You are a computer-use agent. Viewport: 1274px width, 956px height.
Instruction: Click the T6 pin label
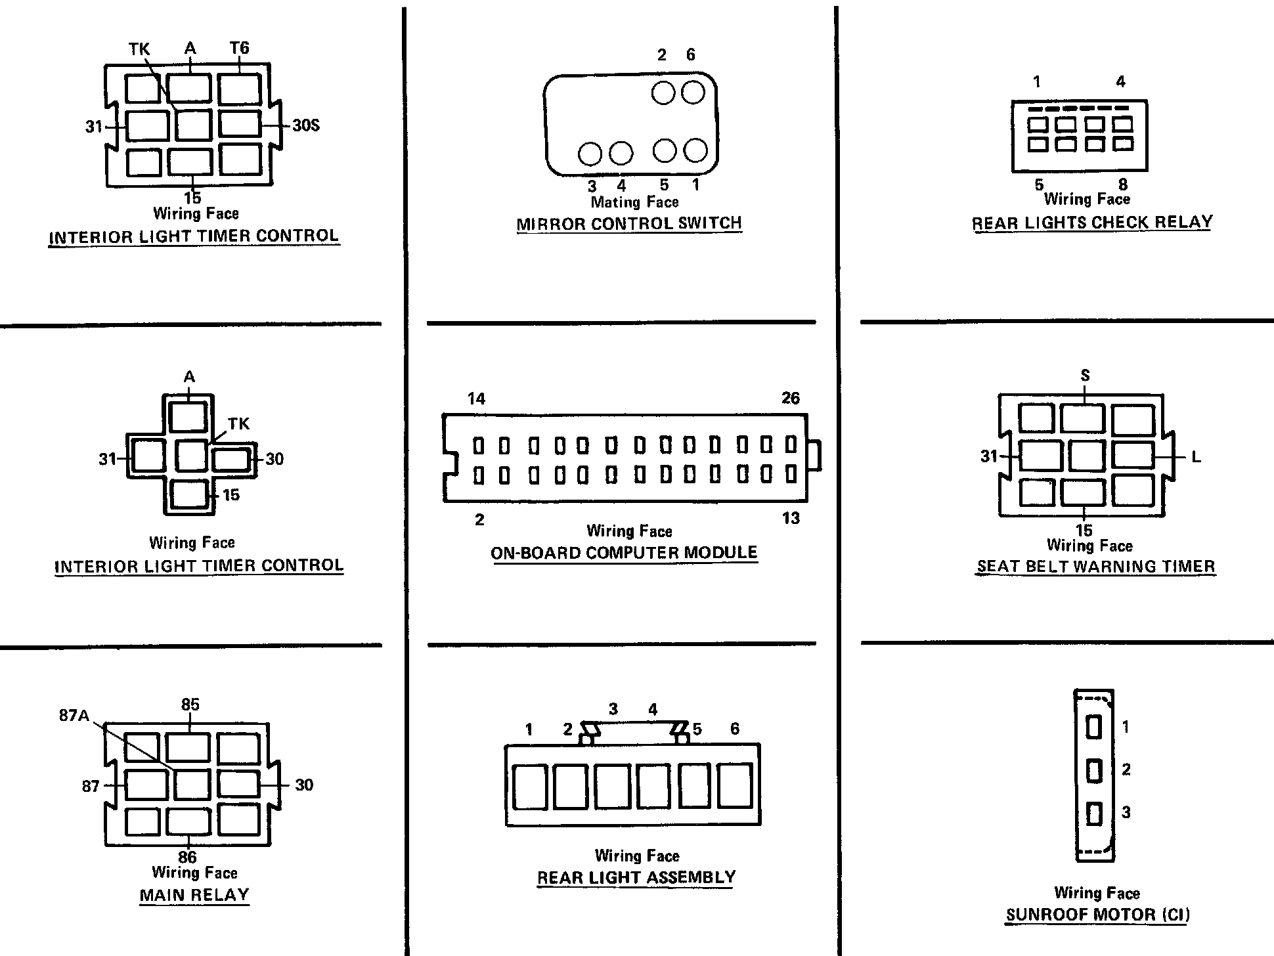pos(240,48)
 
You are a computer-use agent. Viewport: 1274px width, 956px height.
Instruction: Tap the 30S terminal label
pos(305,125)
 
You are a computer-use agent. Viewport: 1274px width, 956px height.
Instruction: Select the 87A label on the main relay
pos(74,715)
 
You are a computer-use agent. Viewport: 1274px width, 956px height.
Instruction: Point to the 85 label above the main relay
pos(190,705)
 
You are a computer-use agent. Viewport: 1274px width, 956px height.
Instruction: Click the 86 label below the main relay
pos(187,857)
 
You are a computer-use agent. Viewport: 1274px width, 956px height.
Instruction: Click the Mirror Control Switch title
pos(629,224)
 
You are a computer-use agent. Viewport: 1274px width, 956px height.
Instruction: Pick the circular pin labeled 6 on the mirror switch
pos(693,93)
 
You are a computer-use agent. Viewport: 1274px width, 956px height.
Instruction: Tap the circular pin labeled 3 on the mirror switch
pos(590,154)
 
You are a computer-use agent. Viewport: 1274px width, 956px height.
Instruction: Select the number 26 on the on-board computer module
pos(791,398)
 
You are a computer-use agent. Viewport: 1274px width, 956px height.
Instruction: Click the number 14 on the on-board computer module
pos(476,399)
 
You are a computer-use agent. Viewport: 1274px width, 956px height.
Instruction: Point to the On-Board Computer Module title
pos(624,553)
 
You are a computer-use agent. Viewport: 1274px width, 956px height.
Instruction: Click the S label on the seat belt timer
pos(1085,376)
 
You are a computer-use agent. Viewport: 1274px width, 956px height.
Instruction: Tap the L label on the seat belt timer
pos(1196,458)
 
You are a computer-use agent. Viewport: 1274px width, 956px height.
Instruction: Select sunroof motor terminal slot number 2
pos(1094,770)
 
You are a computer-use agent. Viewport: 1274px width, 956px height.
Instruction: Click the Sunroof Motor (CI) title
pos(1098,915)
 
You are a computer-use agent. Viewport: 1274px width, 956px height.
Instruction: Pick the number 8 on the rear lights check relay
pos(1122,185)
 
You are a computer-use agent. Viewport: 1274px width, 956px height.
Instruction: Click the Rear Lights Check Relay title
pos(1092,223)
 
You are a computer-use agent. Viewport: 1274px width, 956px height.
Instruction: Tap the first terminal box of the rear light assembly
pos(529,786)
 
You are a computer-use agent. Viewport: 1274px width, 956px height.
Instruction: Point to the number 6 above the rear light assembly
pos(735,728)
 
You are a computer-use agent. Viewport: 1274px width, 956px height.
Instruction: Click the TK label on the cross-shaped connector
pos(238,424)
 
